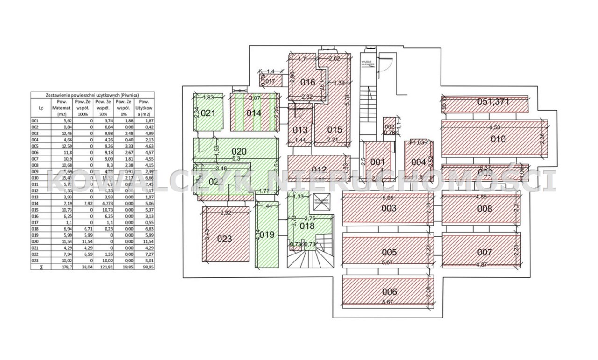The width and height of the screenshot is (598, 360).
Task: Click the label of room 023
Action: tap(225, 239)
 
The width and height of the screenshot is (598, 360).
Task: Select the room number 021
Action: tap(207, 113)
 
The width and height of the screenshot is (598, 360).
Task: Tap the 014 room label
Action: tap(254, 113)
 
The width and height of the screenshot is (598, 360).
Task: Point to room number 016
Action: tap(308, 82)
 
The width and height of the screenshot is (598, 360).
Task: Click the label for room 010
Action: tap(498, 139)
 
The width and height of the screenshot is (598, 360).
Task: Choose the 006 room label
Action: tap(389, 292)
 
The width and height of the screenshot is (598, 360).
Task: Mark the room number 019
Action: tap(267, 235)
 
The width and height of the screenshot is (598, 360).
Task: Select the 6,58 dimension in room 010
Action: tap(494, 127)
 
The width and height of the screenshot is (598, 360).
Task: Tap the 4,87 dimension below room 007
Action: tap(484, 264)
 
